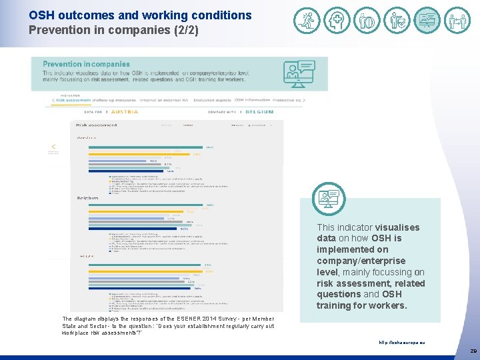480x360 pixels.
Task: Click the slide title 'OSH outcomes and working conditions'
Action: click(140, 15)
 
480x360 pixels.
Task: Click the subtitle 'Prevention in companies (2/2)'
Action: click(113, 30)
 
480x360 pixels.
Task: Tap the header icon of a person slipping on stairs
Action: click(307, 21)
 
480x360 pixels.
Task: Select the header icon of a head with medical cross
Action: click(337, 21)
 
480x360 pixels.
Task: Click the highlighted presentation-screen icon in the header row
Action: click(427, 21)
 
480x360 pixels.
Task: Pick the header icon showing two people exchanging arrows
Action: click(457, 21)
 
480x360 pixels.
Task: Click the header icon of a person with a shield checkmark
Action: click(397, 21)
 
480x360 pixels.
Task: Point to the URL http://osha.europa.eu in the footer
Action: click(401, 343)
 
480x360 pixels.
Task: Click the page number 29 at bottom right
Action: click(473, 350)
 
